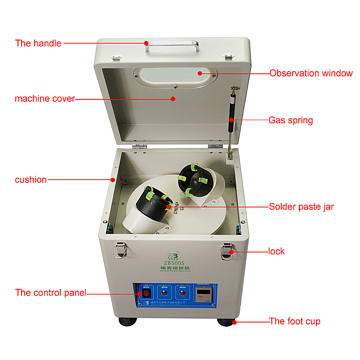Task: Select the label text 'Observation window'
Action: point(311,73)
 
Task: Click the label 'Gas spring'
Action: point(291,120)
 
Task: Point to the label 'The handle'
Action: point(38,44)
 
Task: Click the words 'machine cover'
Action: point(45,99)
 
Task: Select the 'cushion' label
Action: point(31,180)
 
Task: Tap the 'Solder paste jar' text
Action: point(301,207)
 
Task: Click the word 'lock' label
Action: point(276,251)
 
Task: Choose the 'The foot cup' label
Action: point(295,321)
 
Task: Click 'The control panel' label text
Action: point(50,293)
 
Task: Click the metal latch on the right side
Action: point(226,251)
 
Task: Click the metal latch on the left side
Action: point(120,250)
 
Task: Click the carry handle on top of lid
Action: point(173,45)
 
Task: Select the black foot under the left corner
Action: point(127,322)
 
